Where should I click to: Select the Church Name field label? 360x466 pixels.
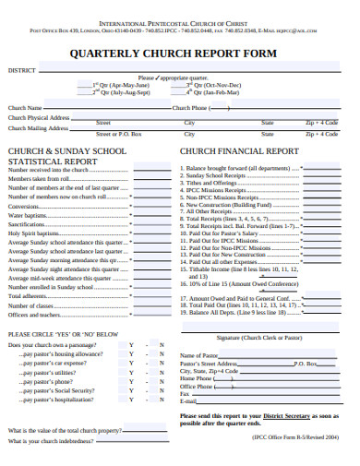pos(27,107)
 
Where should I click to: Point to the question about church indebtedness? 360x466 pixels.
pos(54,441)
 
